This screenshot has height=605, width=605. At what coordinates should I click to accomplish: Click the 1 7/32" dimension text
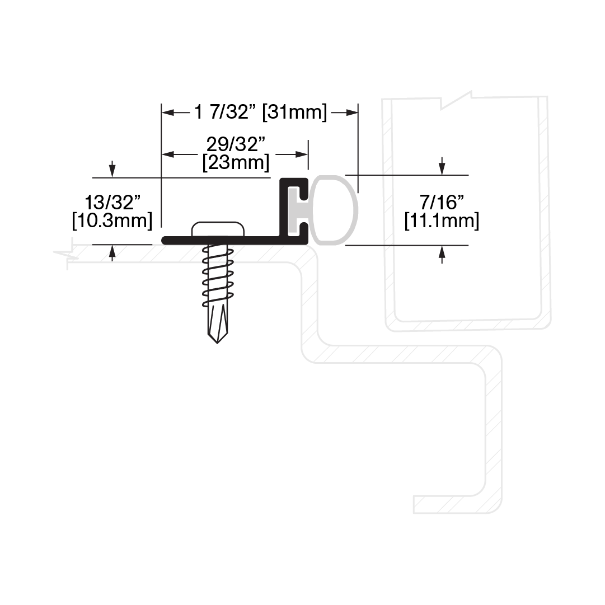click(x=226, y=112)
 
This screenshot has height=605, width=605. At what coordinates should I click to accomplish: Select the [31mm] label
click(x=294, y=112)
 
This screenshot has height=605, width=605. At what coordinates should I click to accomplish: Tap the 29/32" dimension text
click(x=236, y=145)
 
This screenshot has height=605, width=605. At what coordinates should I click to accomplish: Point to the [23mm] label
click(x=236, y=162)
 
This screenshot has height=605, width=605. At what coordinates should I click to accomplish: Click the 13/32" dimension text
click(x=112, y=202)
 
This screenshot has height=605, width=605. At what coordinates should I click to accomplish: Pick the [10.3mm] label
click(x=112, y=221)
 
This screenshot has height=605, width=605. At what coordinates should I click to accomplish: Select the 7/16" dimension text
click(x=442, y=202)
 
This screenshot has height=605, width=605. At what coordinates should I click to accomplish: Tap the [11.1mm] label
click(x=442, y=221)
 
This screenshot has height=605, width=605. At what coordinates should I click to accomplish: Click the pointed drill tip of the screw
click(x=217, y=343)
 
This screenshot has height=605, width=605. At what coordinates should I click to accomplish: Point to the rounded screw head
click(x=218, y=229)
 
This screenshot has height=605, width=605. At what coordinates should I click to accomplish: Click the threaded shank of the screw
click(x=218, y=275)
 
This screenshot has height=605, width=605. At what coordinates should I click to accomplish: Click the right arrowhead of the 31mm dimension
click(x=352, y=112)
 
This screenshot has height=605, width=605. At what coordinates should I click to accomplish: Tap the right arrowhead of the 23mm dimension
click(x=302, y=154)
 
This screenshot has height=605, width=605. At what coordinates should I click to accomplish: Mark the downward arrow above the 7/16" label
click(x=442, y=166)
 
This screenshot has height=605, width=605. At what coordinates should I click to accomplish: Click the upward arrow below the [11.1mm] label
click(x=442, y=255)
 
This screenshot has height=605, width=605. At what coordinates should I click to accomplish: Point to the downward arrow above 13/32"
click(x=112, y=169)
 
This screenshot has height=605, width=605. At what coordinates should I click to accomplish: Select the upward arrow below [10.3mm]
click(x=112, y=253)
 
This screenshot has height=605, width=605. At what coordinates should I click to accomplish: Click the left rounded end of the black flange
click(x=163, y=241)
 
